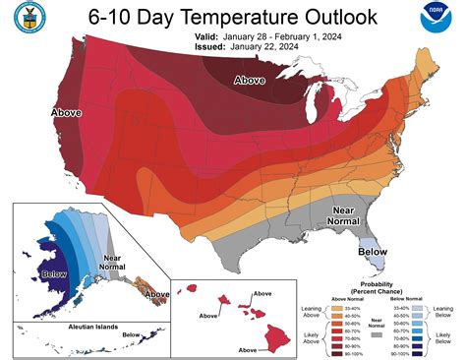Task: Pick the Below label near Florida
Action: click(x=372, y=251)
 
